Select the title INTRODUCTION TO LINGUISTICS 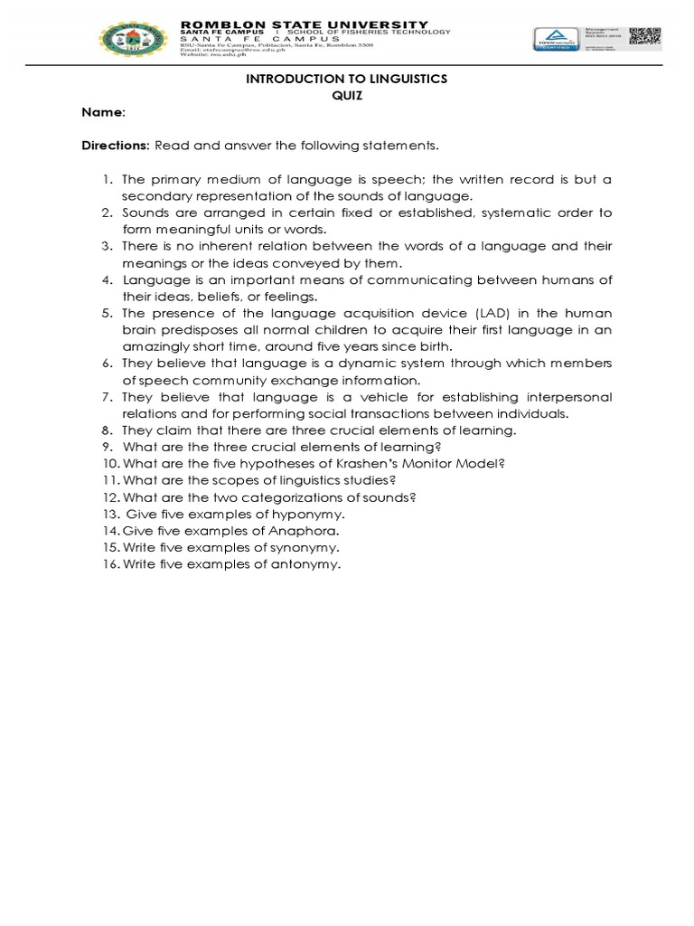347,80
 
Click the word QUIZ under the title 347,96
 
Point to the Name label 101,112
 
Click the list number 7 106,397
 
